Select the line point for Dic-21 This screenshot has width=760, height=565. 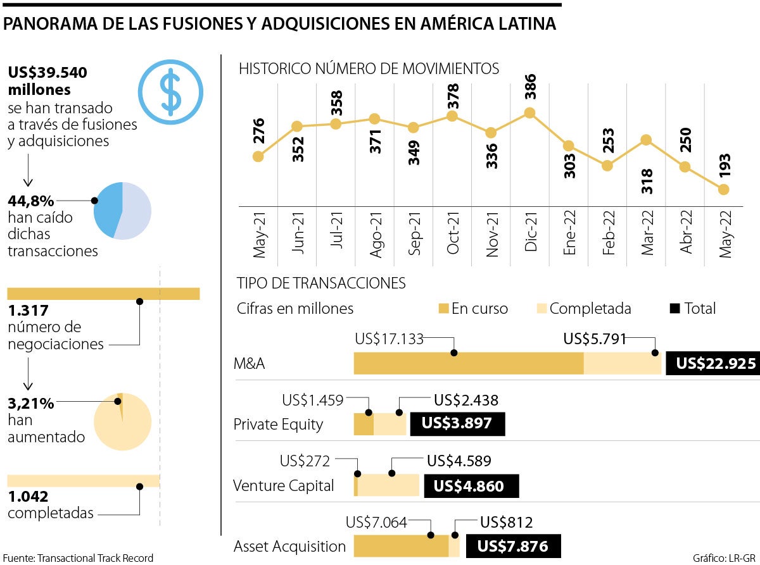pyautogui.click(x=530, y=113)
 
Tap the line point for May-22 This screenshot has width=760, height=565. pyautogui.click(x=724, y=189)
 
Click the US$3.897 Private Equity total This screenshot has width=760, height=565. pyautogui.click(x=458, y=423)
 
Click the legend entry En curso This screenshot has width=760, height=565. pyautogui.click(x=473, y=309)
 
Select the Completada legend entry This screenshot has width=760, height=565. pyautogui.click(x=583, y=309)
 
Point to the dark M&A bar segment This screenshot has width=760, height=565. pyautogui.click(x=468, y=364)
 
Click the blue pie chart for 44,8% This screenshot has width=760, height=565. pyautogui.click(x=122, y=211)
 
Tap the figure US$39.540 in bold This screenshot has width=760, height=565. pyautogui.click(x=47, y=73)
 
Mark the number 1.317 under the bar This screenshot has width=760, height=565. pyautogui.click(x=28, y=311)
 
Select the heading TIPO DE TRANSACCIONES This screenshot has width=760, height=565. pyautogui.click(x=321, y=282)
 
